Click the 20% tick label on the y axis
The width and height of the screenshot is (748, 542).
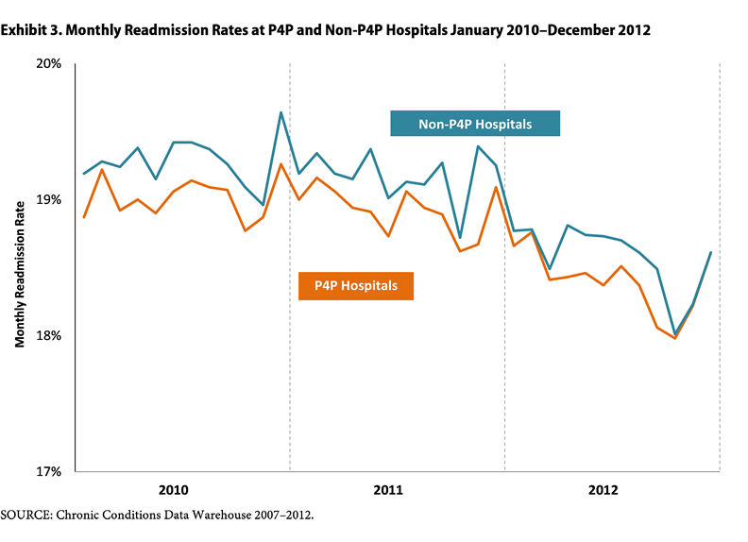[48, 64]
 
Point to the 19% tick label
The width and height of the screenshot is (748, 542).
[48, 200]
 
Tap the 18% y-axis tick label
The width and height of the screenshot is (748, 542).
[48, 336]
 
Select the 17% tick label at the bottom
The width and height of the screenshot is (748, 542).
[48, 471]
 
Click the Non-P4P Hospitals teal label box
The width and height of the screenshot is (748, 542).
[475, 124]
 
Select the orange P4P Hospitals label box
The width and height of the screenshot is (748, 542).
[356, 285]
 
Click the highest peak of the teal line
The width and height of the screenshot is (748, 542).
[281, 112]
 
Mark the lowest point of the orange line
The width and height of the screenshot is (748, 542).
[674, 338]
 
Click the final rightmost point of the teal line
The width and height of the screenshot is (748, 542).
[710, 252]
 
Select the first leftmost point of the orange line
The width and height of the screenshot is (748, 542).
[84, 217]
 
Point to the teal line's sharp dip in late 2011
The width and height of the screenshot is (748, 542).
[460, 237]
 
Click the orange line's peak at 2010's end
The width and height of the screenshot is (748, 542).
[281, 164]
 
